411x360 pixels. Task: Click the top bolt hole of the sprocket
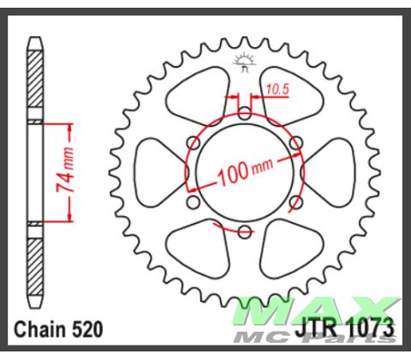(x=244, y=112)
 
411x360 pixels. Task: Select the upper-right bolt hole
(x=295, y=142)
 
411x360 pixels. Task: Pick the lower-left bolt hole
(x=193, y=202)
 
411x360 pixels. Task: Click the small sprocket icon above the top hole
(x=244, y=61)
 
